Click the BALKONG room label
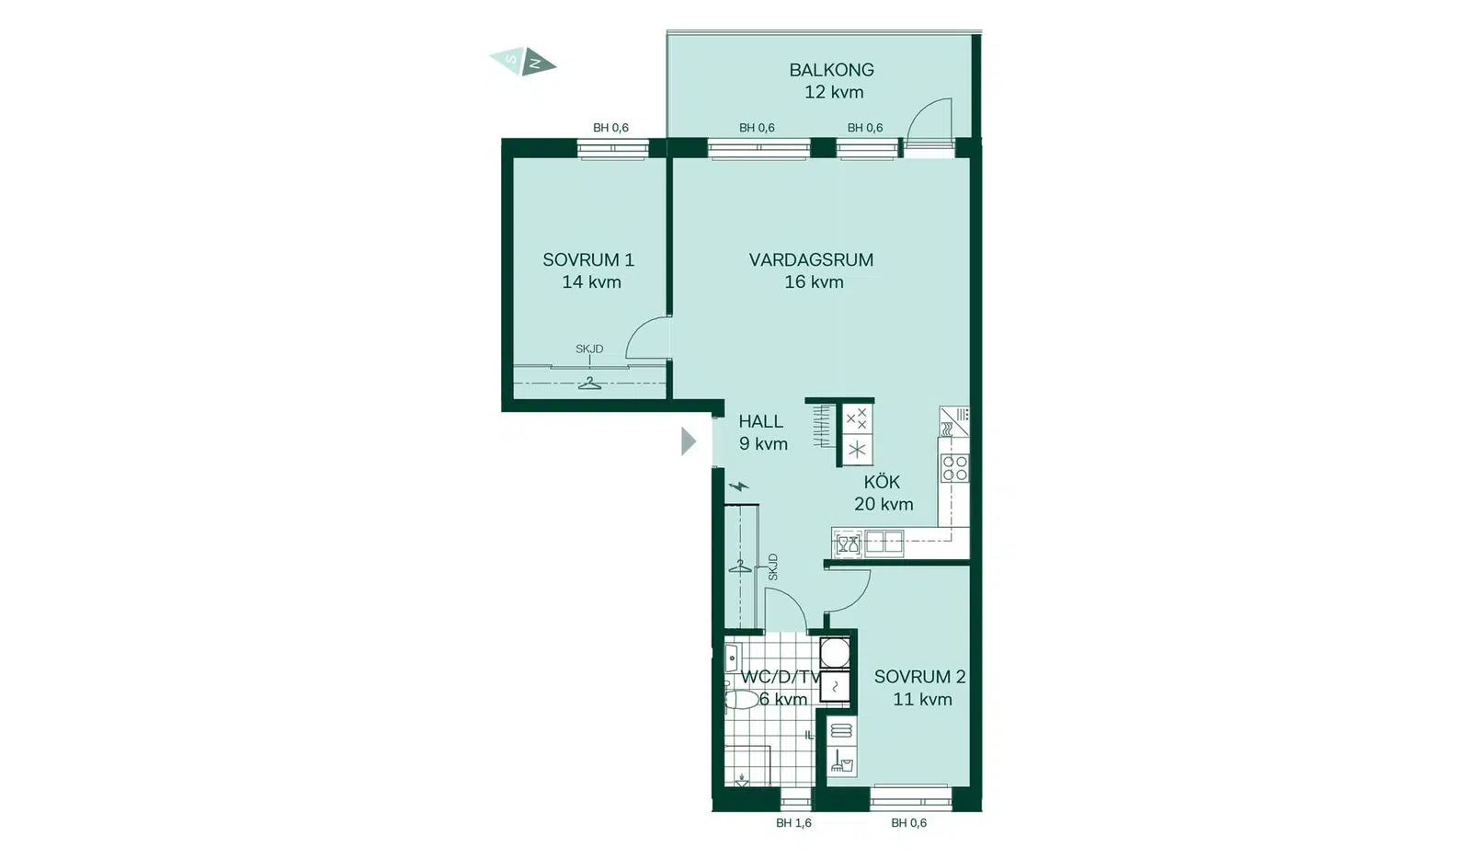pos(831,70)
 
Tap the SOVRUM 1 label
pos(588,259)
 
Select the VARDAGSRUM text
pos(811,259)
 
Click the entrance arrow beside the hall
pos(689,440)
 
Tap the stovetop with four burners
pos(955,468)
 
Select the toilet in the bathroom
pos(741,700)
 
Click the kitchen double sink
pos(884,543)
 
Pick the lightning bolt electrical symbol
pos(739,486)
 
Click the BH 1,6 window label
pos(793,822)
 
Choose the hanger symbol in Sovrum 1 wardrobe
pos(589,383)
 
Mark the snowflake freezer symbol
pos(857,450)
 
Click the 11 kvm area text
pos(922,699)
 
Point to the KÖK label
pos(882,482)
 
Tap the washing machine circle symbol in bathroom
pos(835,653)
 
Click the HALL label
pos(760,421)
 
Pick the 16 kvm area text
pos(814,281)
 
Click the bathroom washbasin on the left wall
pos(732,658)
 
